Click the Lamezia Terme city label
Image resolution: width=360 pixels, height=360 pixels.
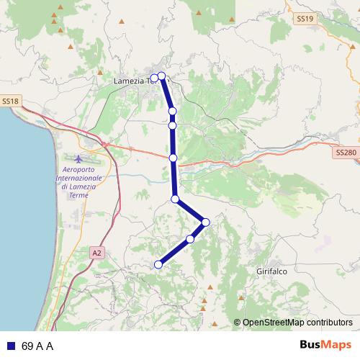pyautogui.click(x=134, y=81)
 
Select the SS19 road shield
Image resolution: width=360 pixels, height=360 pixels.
pyautogui.click(x=305, y=19)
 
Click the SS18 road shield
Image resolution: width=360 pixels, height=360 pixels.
pyautogui.click(x=9, y=102)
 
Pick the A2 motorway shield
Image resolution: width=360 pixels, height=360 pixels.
pyautogui.click(x=97, y=253)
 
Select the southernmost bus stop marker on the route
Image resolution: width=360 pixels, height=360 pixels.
pyautogui.click(x=158, y=264)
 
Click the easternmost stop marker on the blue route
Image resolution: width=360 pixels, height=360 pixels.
pyautogui.click(x=206, y=222)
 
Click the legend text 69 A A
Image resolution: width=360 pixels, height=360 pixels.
pyautogui.click(x=38, y=346)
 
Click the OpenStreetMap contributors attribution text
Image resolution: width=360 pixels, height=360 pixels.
pyautogui.click(x=297, y=323)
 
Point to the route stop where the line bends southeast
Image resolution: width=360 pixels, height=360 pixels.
pyautogui.click(x=175, y=199)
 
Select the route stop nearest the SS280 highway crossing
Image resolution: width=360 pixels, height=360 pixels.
pyautogui.click(x=173, y=157)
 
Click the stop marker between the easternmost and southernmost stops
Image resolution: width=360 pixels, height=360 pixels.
pyautogui.click(x=190, y=238)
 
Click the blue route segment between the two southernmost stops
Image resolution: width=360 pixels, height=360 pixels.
pyautogui.click(x=174, y=251)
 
